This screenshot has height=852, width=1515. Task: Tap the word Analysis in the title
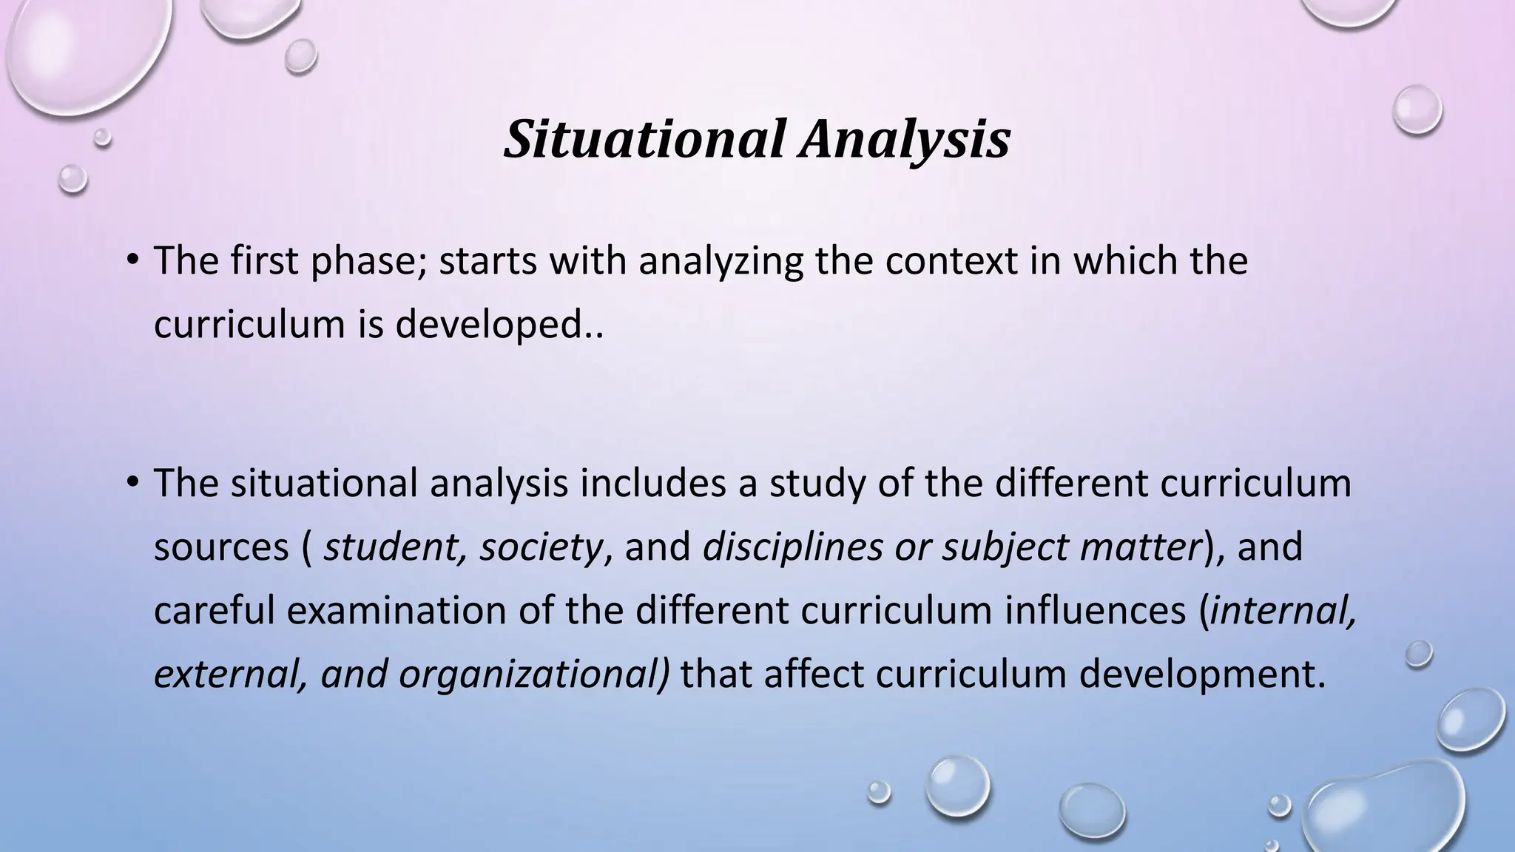(904, 139)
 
